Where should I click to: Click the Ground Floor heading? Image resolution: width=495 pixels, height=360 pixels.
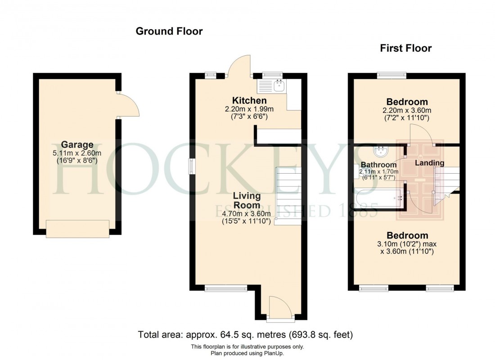[169, 31]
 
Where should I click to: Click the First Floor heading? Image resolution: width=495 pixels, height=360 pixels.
[405, 48]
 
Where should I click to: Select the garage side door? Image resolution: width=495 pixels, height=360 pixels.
[128, 105]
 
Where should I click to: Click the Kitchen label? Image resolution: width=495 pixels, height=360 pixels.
[249, 100]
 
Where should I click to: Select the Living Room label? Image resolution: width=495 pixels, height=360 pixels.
[247, 200]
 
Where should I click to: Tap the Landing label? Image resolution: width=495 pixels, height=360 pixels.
[429, 163]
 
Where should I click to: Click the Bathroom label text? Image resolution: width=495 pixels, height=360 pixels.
[378, 165]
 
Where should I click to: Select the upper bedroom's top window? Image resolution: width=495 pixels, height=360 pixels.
[391, 75]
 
